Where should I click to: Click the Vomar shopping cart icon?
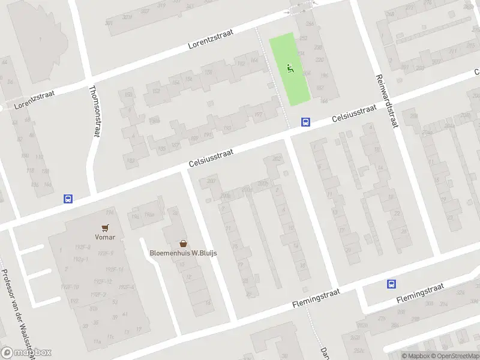[x=106, y=228]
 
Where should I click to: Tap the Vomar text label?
[x=106, y=237]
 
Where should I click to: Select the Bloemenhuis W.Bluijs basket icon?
[x=183, y=244]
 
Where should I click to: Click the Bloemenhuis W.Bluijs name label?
[x=183, y=253]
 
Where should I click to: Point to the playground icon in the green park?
[x=290, y=68]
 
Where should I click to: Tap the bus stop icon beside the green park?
[x=305, y=122]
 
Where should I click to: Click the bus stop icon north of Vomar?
[x=68, y=199]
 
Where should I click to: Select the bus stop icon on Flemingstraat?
[x=392, y=284]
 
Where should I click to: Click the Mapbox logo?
[x=26, y=353]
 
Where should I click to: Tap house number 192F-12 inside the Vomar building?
[x=104, y=281]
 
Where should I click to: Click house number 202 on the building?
[x=277, y=158]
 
